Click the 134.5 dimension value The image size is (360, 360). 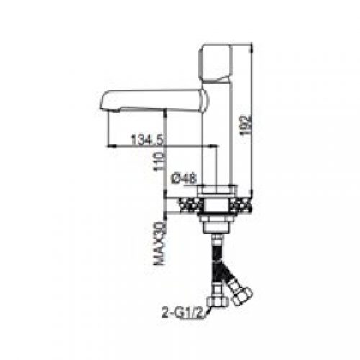(x=148, y=140)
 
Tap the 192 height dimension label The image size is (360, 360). (x=246, y=125)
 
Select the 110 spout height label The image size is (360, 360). (x=160, y=162)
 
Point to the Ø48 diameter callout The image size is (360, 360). (x=184, y=179)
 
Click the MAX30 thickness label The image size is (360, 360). (x=160, y=243)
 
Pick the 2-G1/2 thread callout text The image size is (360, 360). (x=182, y=312)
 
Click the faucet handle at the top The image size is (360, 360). (x=215, y=63)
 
